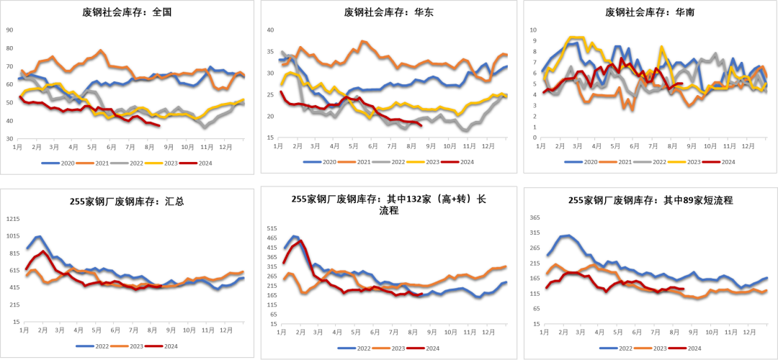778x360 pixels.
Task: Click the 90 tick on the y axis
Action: [9, 30]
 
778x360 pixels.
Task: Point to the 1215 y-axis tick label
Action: [13, 219]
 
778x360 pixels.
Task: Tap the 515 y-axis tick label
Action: [272, 228]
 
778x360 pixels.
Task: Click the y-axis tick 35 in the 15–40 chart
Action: [270, 52]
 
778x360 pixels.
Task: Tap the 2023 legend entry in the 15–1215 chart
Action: [130, 346]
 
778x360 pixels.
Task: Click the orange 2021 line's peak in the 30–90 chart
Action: [100, 50]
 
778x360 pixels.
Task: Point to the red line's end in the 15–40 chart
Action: [421, 125]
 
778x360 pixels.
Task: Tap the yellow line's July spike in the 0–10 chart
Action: [661, 46]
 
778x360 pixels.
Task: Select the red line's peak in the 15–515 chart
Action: [300, 240]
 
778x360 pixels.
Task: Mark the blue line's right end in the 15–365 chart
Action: [767, 277]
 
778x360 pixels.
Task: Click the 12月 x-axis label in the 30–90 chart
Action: [225, 146]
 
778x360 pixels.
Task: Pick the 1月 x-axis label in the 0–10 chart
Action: [542, 145]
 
